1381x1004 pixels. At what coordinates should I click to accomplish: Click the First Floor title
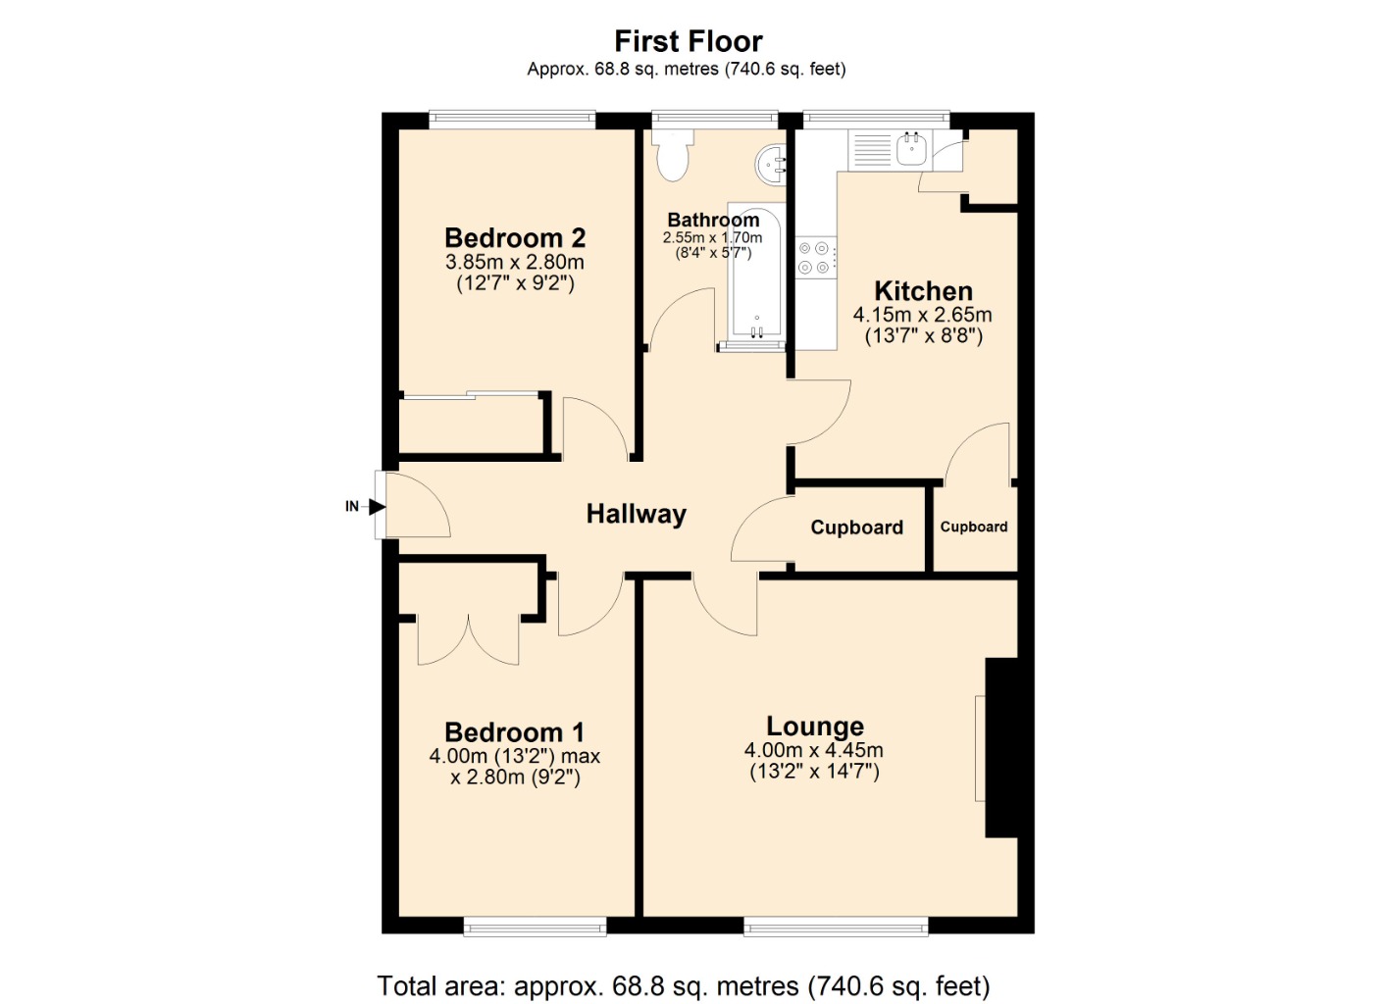(x=688, y=41)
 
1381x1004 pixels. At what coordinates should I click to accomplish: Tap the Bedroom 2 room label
(x=514, y=238)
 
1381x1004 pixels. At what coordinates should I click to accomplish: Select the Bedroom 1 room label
(x=514, y=732)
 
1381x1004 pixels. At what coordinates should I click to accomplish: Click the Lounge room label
(x=814, y=727)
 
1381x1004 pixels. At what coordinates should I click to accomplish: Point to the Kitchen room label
(x=922, y=291)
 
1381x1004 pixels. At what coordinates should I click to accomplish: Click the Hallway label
(x=636, y=514)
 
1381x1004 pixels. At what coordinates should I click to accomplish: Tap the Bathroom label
(x=713, y=221)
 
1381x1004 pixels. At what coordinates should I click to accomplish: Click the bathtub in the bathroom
(x=756, y=275)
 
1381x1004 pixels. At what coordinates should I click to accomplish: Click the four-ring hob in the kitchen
(x=816, y=257)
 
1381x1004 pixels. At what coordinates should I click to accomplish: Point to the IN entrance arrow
(x=376, y=507)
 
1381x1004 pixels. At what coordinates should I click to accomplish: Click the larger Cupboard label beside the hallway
(x=856, y=527)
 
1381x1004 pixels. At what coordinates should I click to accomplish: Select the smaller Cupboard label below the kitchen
(x=973, y=527)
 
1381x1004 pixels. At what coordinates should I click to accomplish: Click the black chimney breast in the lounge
(x=1000, y=747)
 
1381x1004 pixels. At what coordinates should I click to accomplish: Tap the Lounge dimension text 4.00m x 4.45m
(x=813, y=750)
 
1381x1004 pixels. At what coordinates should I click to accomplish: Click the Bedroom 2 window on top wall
(x=512, y=120)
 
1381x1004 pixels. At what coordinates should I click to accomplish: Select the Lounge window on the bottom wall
(x=835, y=926)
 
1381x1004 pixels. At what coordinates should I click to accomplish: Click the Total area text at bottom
(x=683, y=985)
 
